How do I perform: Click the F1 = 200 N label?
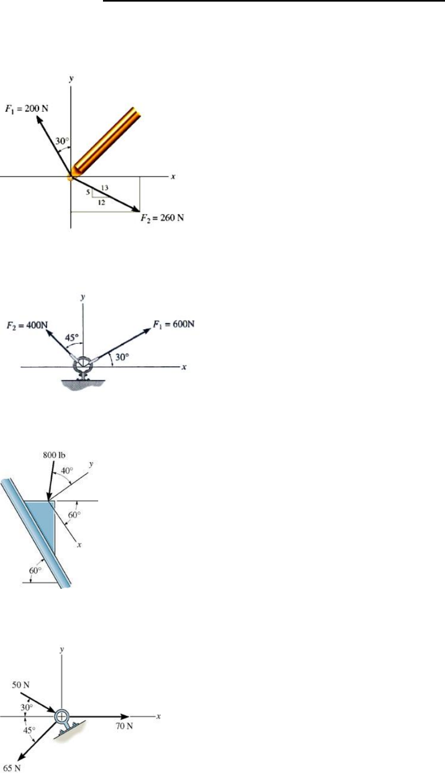(27, 109)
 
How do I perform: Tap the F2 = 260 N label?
(162, 218)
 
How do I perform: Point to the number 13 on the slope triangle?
(105, 188)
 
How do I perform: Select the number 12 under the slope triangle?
(101, 202)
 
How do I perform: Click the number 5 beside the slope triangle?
(88, 192)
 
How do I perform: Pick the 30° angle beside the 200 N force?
(62, 141)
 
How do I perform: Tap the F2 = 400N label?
(27, 325)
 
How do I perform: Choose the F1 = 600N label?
(174, 325)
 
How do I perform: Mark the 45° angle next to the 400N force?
(72, 337)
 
